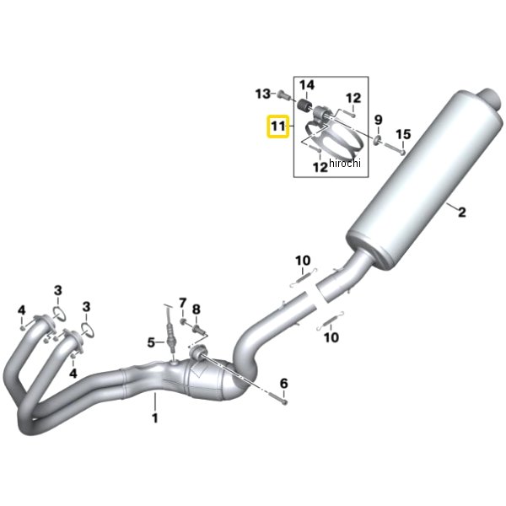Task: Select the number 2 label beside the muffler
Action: [461, 212]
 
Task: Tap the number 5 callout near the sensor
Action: [152, 342]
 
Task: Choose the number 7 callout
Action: [181, 302]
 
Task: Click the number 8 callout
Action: [196, 310]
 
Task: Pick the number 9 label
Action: [378, 119]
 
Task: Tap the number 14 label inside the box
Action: [306, 84]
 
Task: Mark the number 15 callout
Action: [403, 134]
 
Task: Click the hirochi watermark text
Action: [344, 163]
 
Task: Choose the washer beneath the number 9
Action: [377, 137]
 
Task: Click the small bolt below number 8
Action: [200, 327]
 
